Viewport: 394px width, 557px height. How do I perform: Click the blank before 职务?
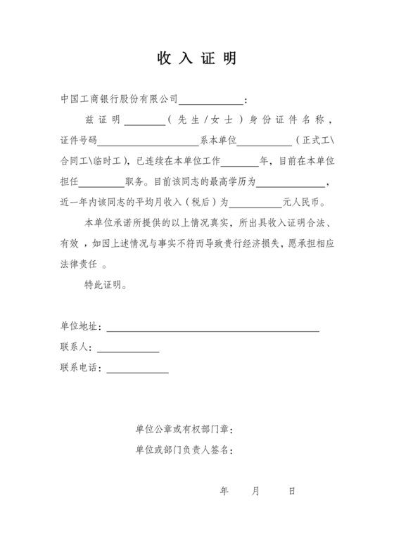pyautogui.click(x=103, y=184)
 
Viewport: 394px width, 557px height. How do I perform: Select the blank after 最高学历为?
pyautogui.click(x=291, y=184)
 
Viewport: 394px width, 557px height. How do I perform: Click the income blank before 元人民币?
pyautogui.click(x=255, y=204)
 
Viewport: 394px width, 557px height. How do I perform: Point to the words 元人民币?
pyautogui.click(x=303, y=203)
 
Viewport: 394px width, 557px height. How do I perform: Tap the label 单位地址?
pyautogui.click(x=80, y=327)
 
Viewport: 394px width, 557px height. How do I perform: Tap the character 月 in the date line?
pyautogui.click(x=255, y=491)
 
